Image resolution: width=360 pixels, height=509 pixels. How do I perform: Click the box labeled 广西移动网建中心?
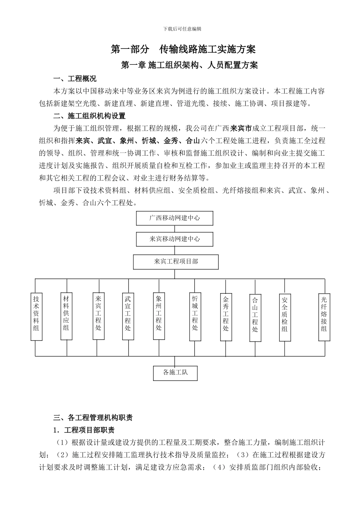(x=174, y=218)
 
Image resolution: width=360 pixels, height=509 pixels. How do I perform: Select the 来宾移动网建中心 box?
(x=174, y=239)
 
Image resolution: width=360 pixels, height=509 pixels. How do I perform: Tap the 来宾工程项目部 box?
(x=176, y=262)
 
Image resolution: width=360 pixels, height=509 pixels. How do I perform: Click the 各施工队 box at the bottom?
(x=175, y=373)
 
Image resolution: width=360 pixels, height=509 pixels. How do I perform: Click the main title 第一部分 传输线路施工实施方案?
(x=183, y=49)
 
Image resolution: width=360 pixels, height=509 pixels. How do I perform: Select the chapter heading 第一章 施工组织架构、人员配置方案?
(x=189, y=65)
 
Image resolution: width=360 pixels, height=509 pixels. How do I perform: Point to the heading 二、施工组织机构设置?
(x=89, y=116)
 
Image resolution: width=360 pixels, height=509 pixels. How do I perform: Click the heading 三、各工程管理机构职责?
(x=93, y=418)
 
